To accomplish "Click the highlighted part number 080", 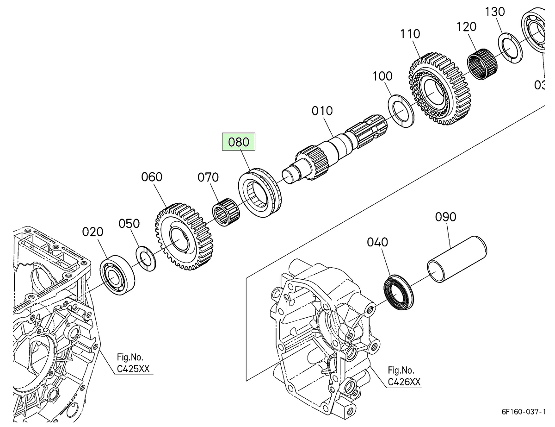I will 239,142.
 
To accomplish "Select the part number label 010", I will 322,111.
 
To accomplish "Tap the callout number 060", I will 152,177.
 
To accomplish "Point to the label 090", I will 446,217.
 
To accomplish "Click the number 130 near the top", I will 495,12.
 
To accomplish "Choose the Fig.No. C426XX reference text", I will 404,376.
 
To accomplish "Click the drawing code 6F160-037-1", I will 527,411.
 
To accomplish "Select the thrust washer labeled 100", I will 401,112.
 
